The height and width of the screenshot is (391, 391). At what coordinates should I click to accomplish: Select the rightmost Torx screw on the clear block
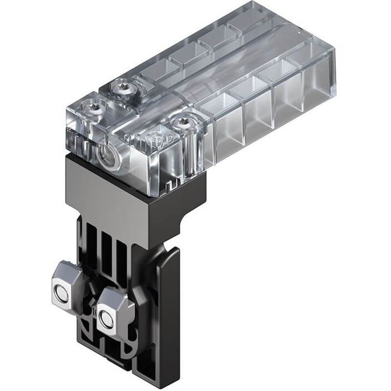(184, 122)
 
